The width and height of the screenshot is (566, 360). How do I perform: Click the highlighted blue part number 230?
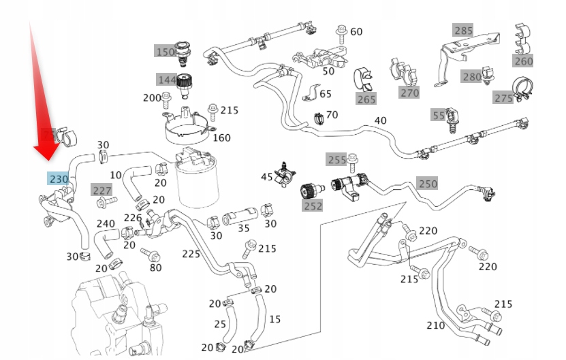pos(58,178)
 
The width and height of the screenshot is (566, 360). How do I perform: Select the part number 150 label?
pos(165,52)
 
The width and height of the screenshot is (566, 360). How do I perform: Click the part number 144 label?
pos(167,80)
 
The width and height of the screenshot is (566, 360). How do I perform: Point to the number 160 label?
pos(221,137)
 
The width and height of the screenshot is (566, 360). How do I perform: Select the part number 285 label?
pos(463,31)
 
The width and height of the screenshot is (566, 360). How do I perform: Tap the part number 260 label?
pos(523,61)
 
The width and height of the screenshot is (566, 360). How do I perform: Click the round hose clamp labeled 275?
pos(522,88)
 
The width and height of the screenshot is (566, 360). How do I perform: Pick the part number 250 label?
pos(427,183)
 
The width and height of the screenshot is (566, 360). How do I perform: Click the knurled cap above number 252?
pos(310,191)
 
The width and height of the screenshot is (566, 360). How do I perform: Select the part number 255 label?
pos(336,159)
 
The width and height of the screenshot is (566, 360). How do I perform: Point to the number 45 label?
pos(267,177)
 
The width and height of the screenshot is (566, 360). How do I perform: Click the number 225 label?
pos(191,254)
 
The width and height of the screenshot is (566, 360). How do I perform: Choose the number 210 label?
pos(435,325)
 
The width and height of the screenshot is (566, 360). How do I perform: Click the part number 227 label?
pos(101,190)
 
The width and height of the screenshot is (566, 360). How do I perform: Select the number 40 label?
pos(380,120)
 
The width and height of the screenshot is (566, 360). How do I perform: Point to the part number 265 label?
pos(366,99)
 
